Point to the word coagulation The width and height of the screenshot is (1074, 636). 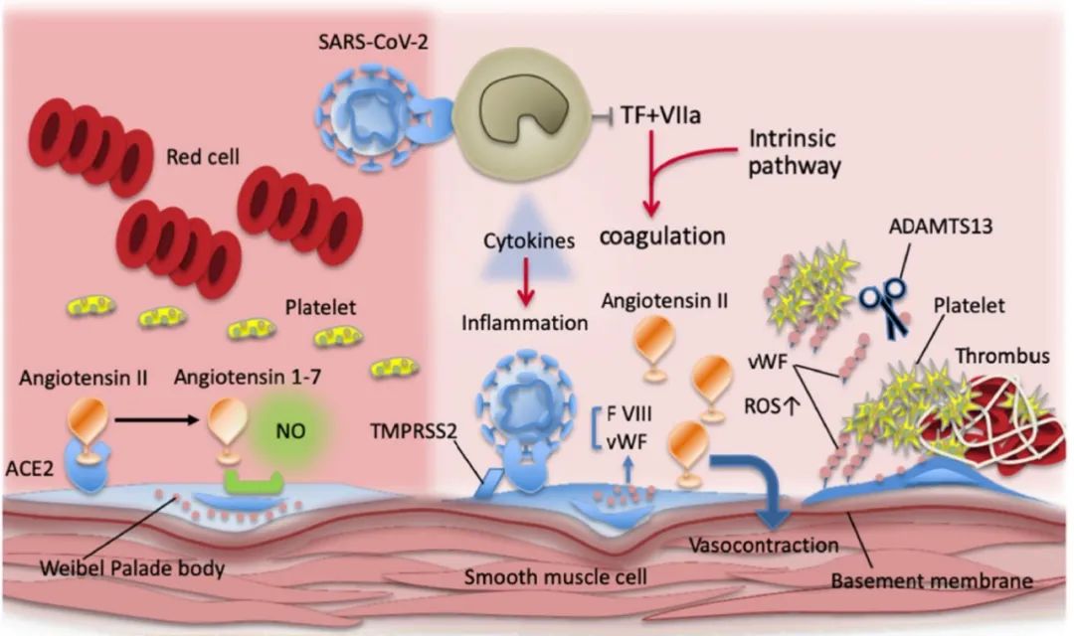660,238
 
